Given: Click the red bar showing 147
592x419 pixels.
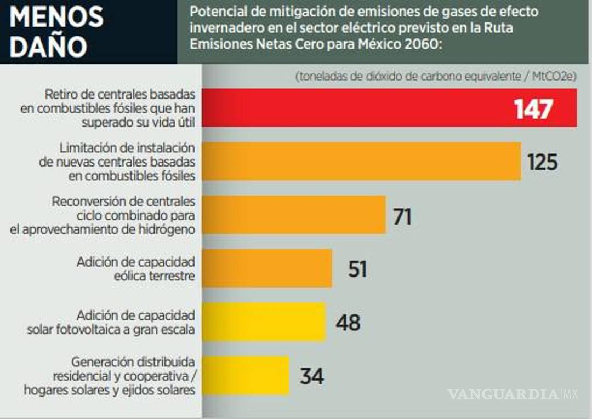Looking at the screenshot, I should [x=356, y=108].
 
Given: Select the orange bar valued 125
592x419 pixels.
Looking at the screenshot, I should [x=362, y=162].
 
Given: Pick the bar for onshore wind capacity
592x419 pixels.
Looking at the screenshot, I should [x=267, y=268].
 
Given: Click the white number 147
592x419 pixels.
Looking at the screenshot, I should [x=533, y=109].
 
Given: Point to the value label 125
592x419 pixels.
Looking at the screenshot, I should [x=542, y=162].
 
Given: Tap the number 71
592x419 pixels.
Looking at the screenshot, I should [x=402, y=216].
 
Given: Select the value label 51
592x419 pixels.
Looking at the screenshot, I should [x=357, y=269].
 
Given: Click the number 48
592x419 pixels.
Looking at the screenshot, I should [x=348, y=323].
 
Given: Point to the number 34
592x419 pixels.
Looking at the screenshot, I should [x=311, y=376].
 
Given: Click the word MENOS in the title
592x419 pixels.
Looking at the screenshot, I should [x=56, y=18].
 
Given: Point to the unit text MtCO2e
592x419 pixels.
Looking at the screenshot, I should [x=554, y=77].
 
